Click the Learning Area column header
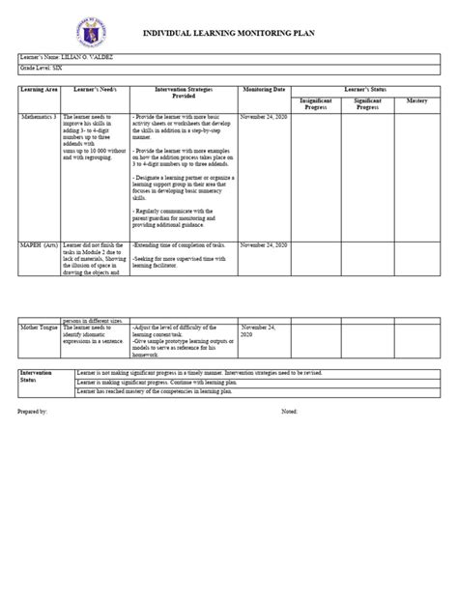point(39,89)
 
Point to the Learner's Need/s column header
point(94,89)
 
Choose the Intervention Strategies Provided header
point(184,93)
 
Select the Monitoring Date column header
point(265,89)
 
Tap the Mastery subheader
point(417,100)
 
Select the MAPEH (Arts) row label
point(40,245)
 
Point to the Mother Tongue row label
point(40,328)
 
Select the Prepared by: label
point(33,411)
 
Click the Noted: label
point(289,411)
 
